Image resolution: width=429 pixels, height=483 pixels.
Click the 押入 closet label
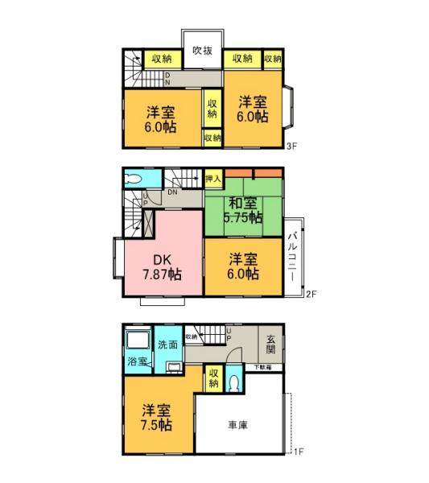click(x=213, y=178)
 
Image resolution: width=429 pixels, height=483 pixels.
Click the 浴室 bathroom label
click(x=138, y=361)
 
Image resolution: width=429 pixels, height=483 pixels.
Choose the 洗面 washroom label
click(x=167, y=344)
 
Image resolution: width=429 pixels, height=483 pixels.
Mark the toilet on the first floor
click(x=233, y=383)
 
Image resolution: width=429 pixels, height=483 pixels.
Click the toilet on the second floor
click(x=134, y=180)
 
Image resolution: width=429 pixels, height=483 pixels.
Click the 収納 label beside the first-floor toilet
click(x=213, y=378)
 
